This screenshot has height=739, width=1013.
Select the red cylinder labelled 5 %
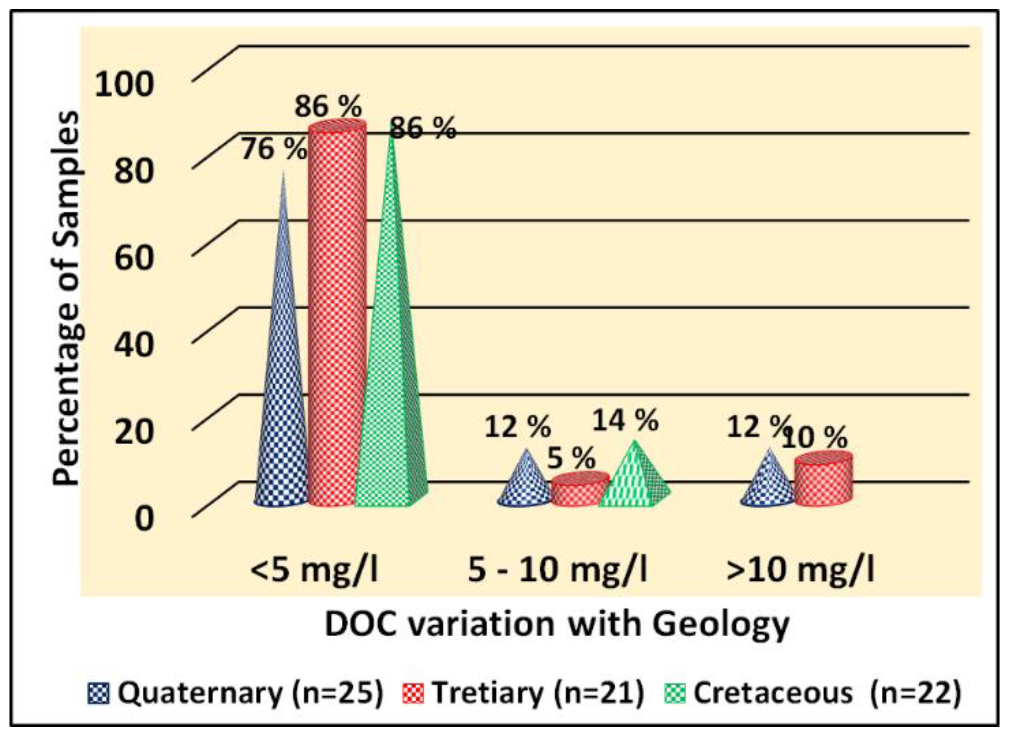coord(580,489)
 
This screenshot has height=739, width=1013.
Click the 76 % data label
coord(274,149)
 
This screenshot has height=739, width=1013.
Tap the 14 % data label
coord(625,420)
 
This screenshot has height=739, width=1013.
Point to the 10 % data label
coord(814,438)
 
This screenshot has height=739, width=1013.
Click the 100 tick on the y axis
coord(124,84)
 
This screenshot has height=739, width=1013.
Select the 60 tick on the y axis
coord(134,257)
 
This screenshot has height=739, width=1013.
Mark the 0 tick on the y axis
coord(144,518)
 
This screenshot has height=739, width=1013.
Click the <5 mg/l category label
coord(314,569)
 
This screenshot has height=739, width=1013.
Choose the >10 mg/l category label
coord(800,569)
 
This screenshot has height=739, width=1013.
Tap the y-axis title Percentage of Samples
coord(66,298)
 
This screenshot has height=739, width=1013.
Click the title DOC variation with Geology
coord(556,625)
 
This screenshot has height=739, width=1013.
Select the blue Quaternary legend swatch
coord(98,694)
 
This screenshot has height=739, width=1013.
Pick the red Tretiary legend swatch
coord(413,694)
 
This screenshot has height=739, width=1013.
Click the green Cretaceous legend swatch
coord(675,694)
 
